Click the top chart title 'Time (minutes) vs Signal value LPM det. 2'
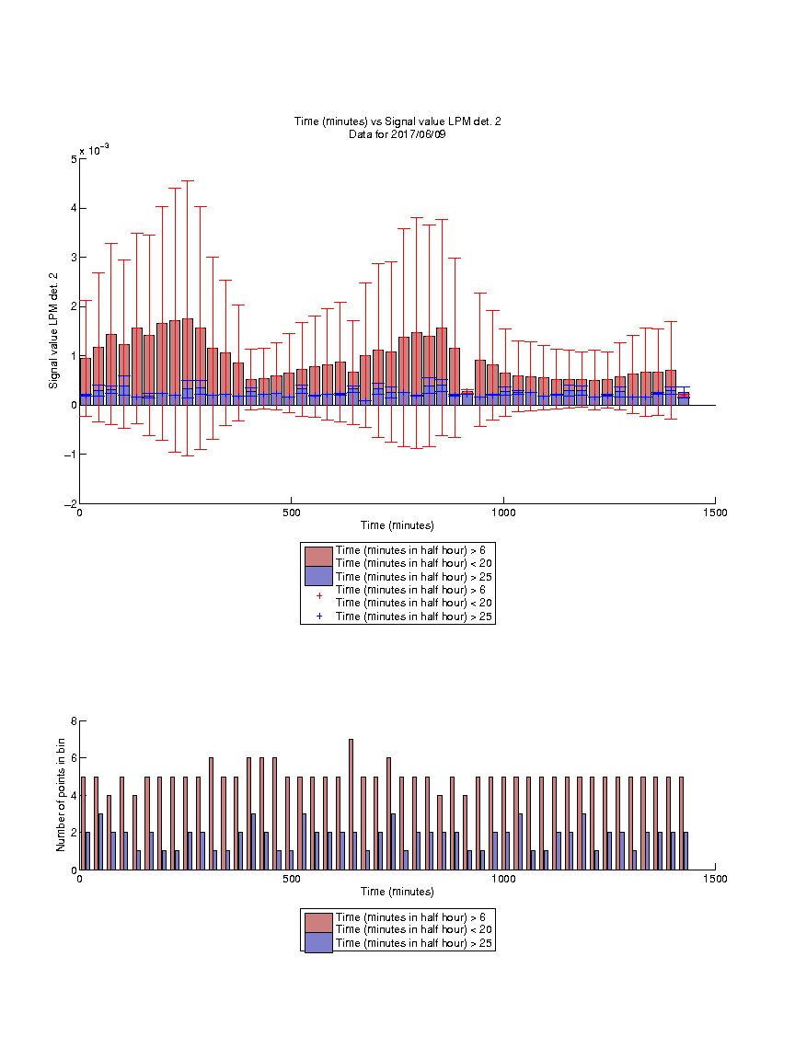[397, 121]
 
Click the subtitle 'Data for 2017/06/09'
[397, 133]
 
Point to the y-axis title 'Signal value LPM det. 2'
[53, 330]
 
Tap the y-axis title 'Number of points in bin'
[61, 795]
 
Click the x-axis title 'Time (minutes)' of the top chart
[397, 525]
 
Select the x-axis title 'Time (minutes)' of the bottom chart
[397, 892]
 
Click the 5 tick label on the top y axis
[74, 159]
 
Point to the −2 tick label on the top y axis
[70, 504]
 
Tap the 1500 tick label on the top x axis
[715, 513]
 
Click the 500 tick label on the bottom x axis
[292, 879]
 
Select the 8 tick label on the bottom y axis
[74, 721]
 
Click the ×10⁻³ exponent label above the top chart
[94, 149]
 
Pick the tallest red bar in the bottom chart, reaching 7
[351, 804]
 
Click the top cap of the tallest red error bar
[188, 181]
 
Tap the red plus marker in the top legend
[319, 596]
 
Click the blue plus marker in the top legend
[319, 616]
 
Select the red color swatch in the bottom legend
[318, 923]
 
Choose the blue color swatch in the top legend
[318, 576]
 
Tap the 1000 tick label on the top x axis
[503, 513]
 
